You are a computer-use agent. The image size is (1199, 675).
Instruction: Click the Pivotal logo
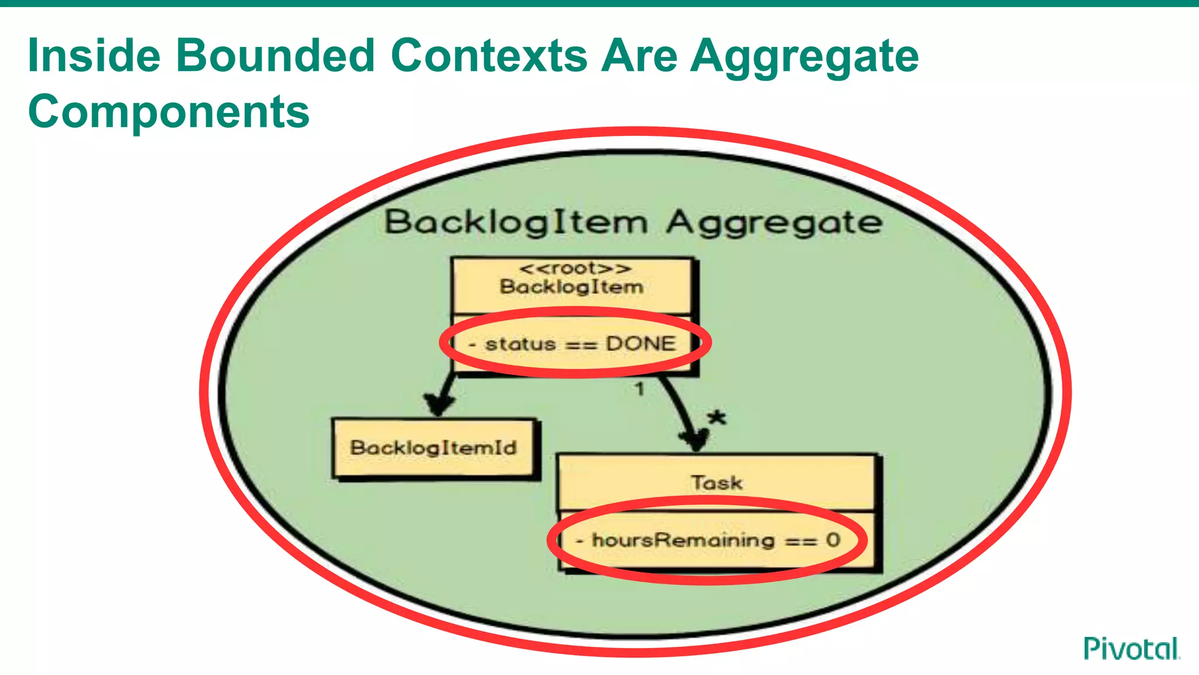[1131, 649]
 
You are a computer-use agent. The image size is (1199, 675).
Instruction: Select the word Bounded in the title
[275, 56]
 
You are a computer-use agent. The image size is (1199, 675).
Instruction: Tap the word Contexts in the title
[489, 56]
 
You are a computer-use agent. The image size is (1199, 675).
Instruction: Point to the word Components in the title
[169, 111]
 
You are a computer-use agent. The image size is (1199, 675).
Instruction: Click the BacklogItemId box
[434, 448]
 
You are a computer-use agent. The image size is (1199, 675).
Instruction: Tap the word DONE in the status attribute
[640, 343]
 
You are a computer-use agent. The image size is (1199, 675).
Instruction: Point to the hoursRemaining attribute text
[683, 540]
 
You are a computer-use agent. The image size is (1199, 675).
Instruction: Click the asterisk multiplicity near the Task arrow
[717, 418]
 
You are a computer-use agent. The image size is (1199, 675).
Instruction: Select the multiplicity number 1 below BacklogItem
[639, 388]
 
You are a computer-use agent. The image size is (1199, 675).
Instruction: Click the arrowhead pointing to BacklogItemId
[439, 405]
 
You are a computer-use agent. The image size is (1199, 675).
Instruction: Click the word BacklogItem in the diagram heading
[516, 223]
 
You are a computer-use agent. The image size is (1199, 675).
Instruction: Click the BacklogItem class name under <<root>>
[571, 287]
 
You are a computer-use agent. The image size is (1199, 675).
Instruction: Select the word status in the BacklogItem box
[520, 344]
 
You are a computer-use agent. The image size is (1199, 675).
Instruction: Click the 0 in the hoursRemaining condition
[833, 540]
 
